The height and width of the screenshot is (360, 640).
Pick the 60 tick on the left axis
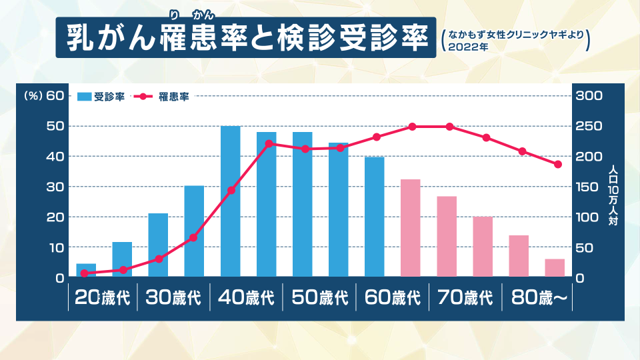(55, 95)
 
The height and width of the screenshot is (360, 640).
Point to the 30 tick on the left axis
(55, 187)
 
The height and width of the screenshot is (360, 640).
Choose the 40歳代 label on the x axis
(246, 298)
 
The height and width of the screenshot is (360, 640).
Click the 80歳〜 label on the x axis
(539, 298)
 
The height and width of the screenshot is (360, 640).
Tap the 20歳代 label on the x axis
(102, 298)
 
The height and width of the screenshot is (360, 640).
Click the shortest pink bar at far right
(555, 268)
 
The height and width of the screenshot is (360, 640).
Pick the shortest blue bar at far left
(86, 271)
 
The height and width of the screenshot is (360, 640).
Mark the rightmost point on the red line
(558, 164)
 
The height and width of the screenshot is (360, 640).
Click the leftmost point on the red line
(85, 273)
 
